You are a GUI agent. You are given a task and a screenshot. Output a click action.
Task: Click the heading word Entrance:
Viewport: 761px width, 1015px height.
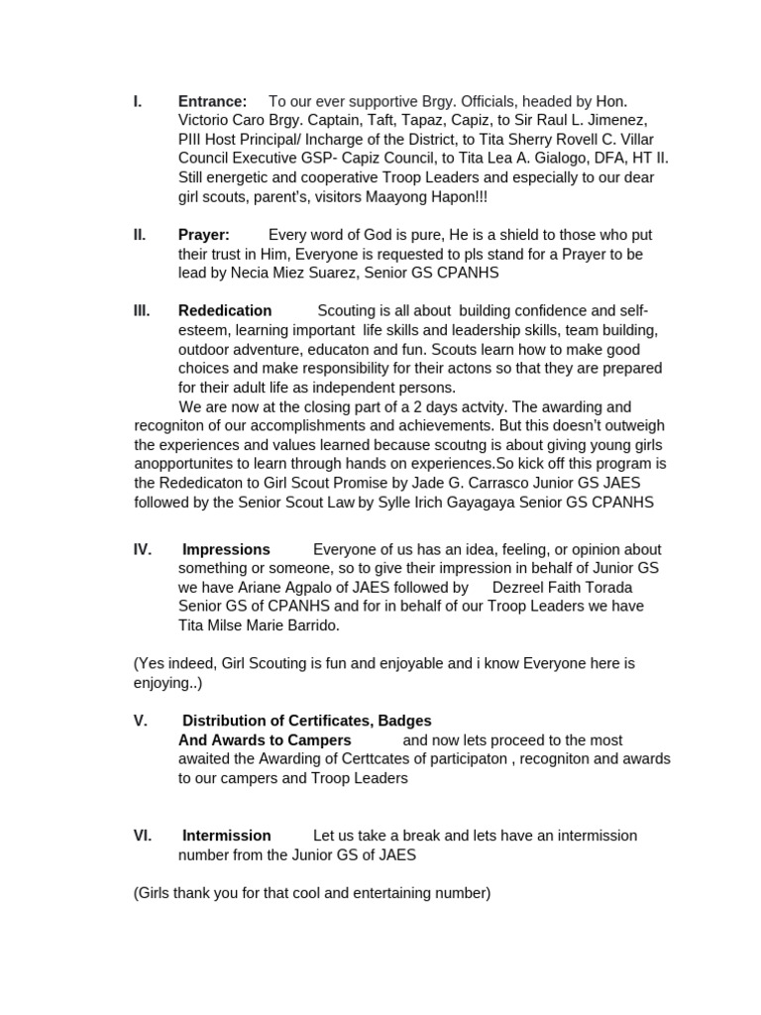pos(212,101)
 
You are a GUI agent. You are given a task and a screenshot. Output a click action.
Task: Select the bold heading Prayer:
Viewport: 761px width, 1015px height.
pos(203,235)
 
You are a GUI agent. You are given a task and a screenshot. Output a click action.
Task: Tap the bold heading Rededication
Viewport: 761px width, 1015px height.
pos(225,310)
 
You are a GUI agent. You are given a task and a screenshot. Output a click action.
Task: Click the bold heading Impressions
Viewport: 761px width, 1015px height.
pos(226,549)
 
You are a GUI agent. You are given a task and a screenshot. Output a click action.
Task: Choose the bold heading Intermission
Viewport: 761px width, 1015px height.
pos(226,836)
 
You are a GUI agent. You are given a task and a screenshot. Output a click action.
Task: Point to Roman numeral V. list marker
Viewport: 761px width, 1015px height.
pos(141,721)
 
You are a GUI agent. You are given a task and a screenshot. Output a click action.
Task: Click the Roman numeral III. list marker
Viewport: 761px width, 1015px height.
pos(142,310)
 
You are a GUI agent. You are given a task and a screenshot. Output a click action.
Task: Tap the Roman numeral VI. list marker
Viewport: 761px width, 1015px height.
pos(142,836)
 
